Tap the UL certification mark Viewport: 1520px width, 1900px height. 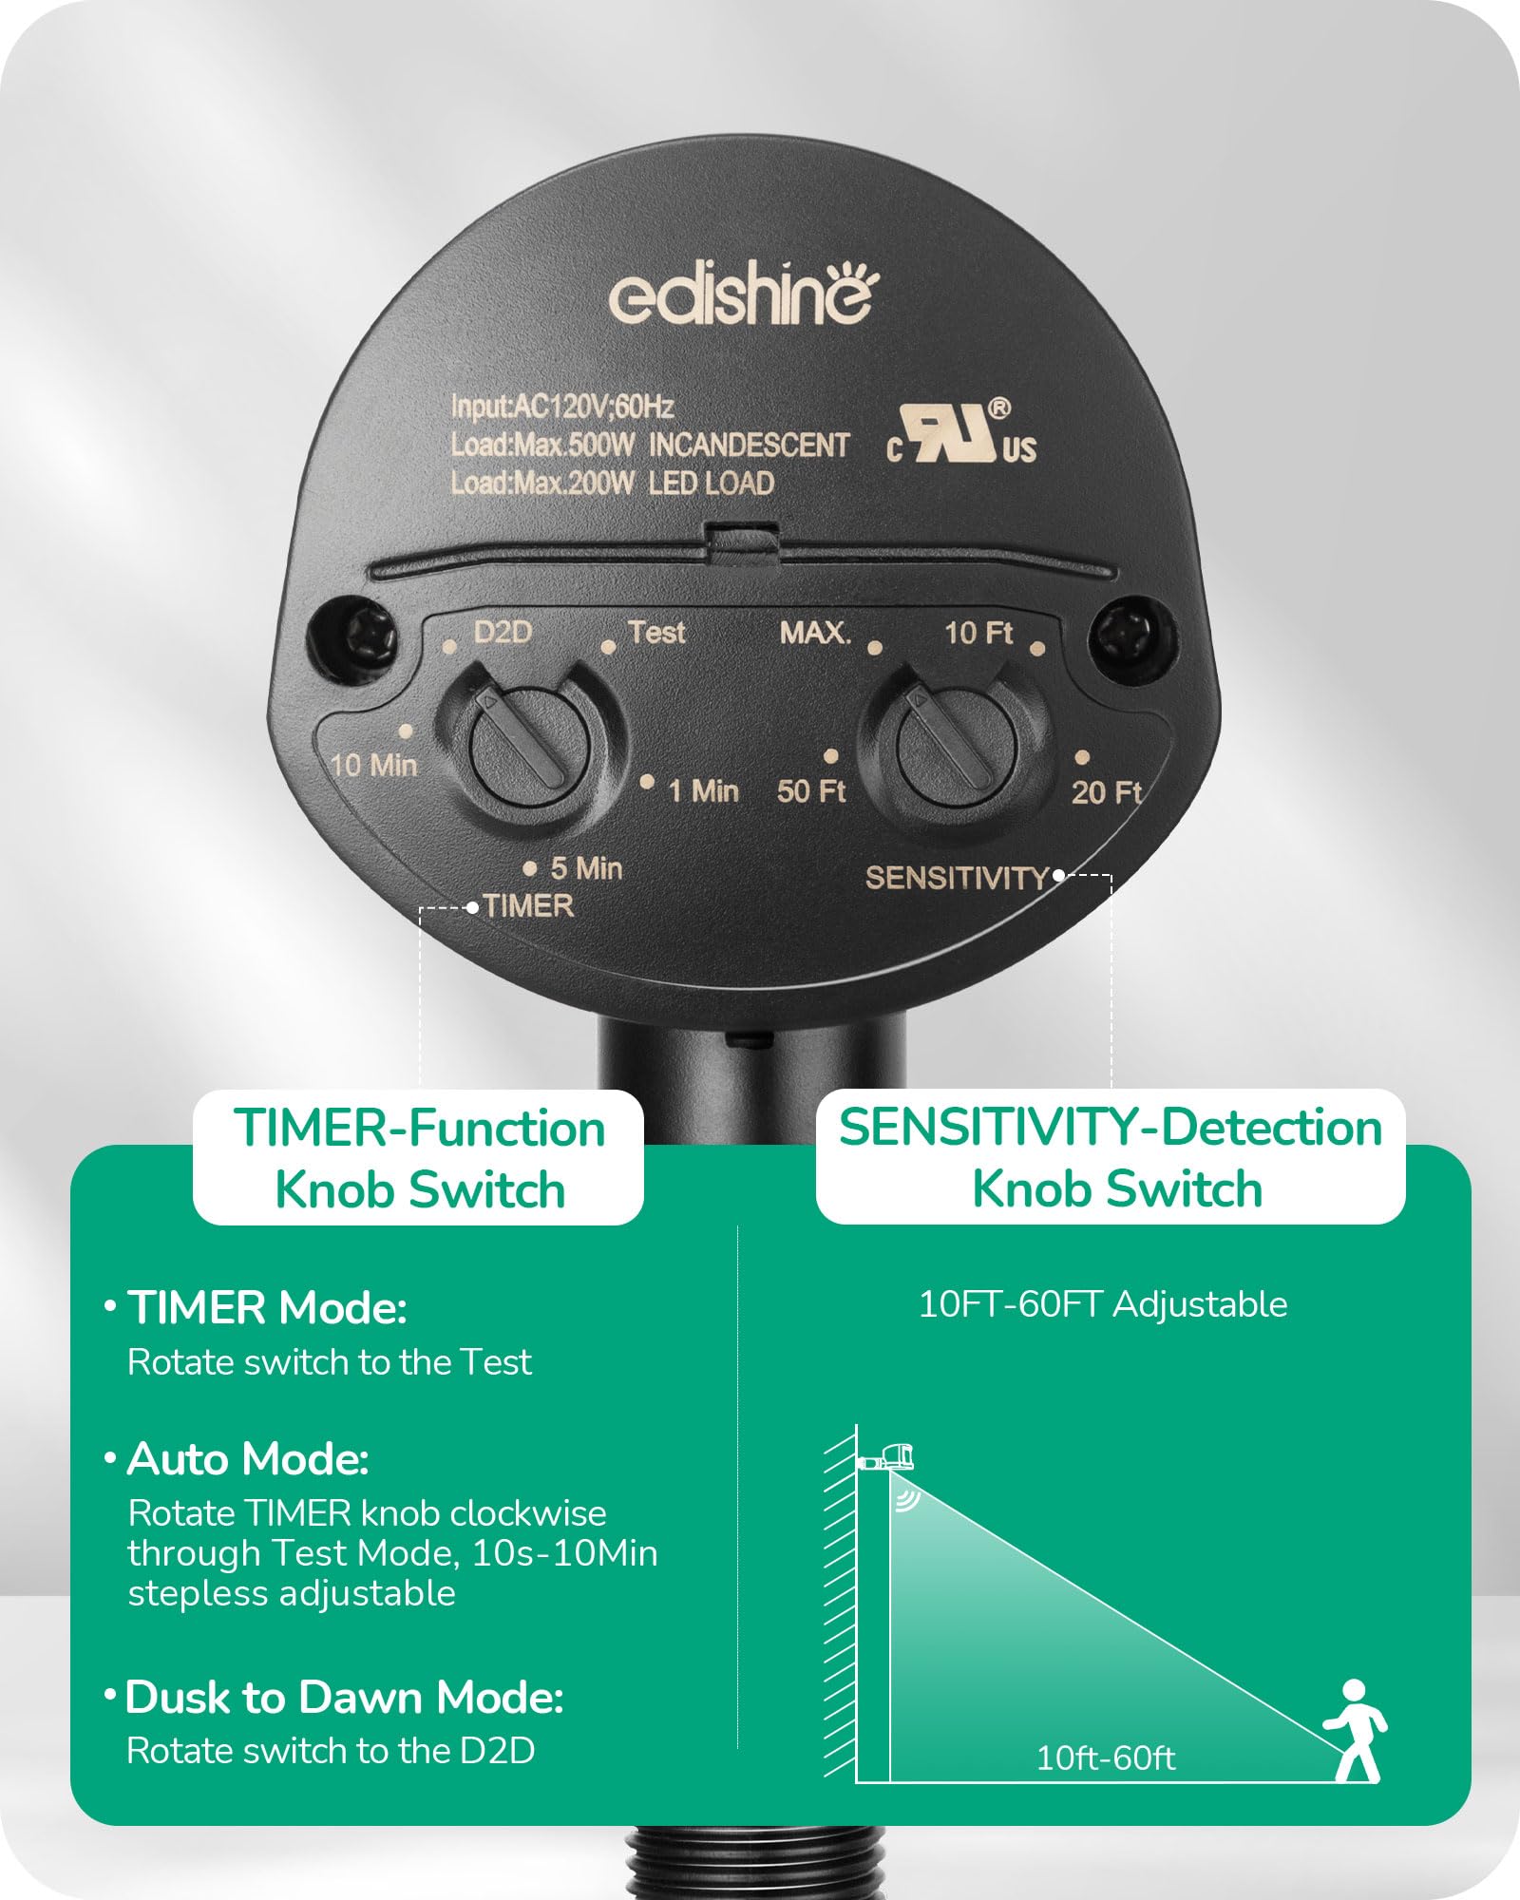click(x=961, y=435)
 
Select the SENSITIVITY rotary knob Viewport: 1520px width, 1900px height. click(x=953, y=740)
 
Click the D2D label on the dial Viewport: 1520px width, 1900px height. click(x=503, y=632)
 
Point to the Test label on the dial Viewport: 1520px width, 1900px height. click(x=656, y=632)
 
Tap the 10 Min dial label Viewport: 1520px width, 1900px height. click(x=373, y=765)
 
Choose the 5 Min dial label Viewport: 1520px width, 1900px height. click(x=586, y=867)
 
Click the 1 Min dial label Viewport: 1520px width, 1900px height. click(x=703, y=790)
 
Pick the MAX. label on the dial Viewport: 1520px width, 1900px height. click(x=815, y=633)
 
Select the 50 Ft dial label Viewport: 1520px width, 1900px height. click(x=811, y=790)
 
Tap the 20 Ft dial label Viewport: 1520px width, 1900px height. click(x=1106, y=791)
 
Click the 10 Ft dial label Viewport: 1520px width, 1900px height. click(x=978, y=633)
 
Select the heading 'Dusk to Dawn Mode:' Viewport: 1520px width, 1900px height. click(x=344, y=1698)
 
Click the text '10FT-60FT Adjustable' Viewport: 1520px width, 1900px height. click(x=1103, y=1304)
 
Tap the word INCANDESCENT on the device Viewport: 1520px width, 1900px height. click(x=749, y=446)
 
